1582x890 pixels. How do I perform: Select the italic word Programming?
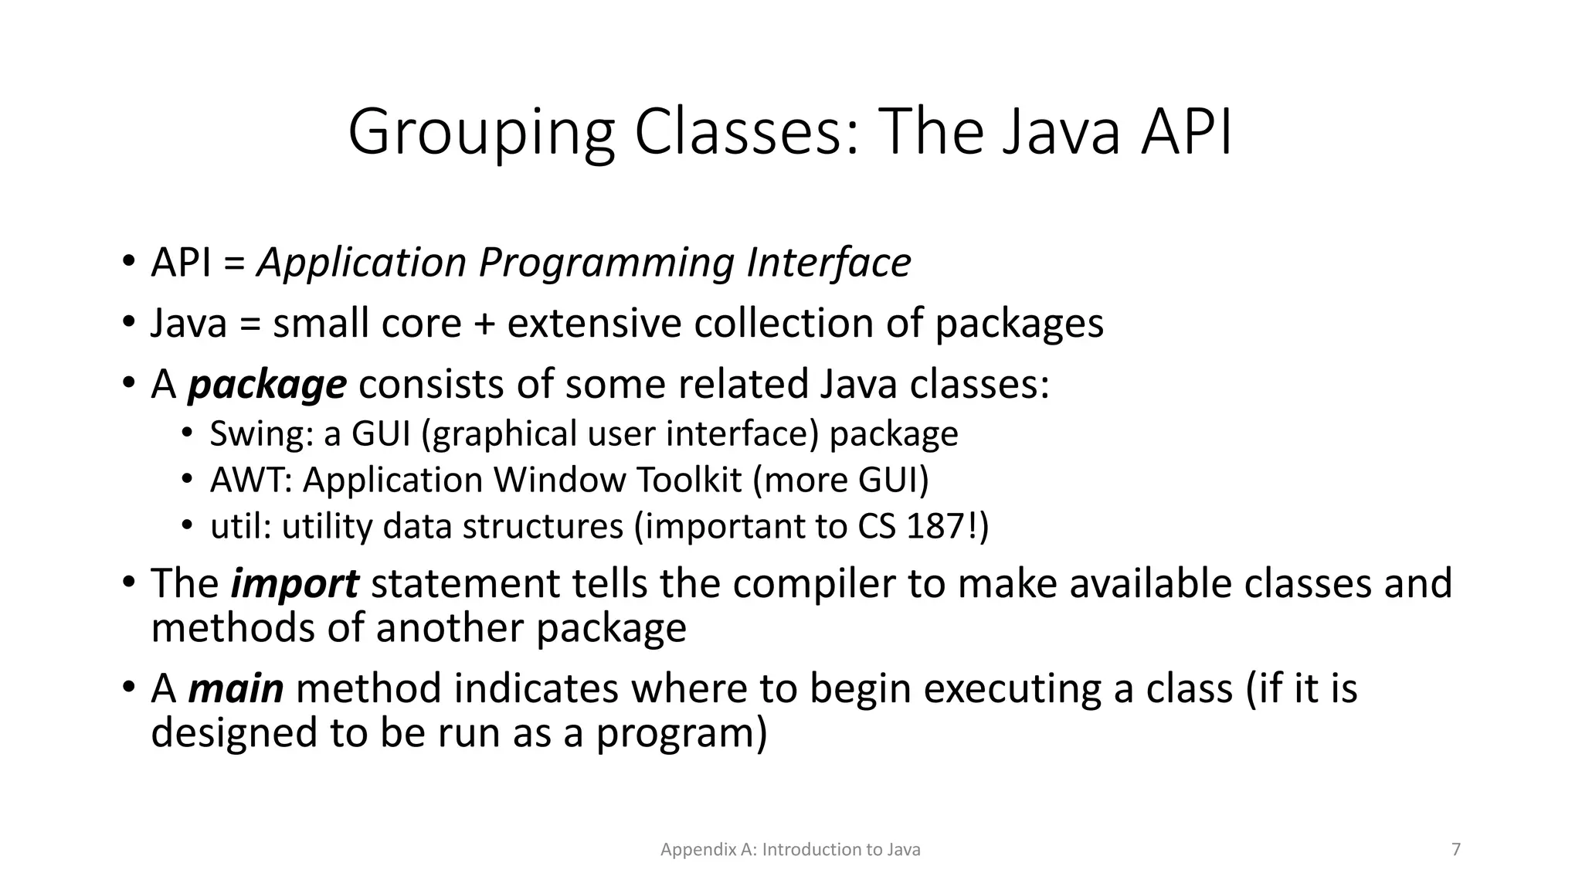(x=606, y=263)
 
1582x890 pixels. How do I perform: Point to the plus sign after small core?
(x=484, y=324)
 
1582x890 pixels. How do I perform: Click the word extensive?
(x=594, y=324)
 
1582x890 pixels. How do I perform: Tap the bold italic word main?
(x=236, y=688)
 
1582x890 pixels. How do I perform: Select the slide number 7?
(x=1456, y=850)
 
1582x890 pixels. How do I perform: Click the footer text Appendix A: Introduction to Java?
(x=790, y=850)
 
